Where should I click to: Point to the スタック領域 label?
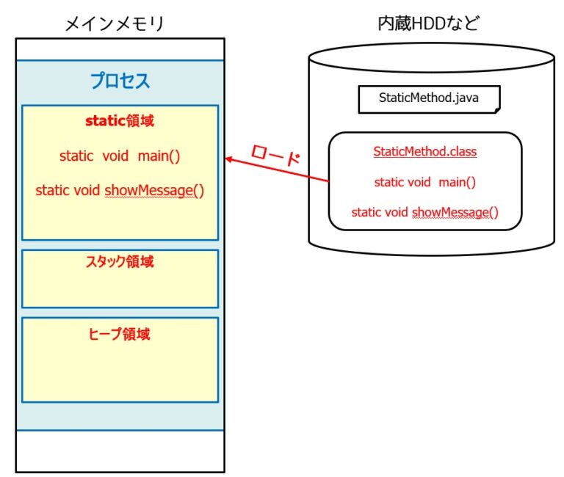(120, 262)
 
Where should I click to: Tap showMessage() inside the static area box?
(154, 190)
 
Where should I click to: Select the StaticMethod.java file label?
(428, 98)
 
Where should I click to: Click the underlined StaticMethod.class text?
(424, 152)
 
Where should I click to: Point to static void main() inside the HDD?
(424, 182)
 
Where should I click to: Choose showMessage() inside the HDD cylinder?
(455, 213)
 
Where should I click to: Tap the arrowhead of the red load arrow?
(228, 159)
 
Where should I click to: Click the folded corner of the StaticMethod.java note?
(496, 109)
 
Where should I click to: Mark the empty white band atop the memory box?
(120, 49)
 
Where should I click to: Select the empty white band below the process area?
(120, 451)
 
